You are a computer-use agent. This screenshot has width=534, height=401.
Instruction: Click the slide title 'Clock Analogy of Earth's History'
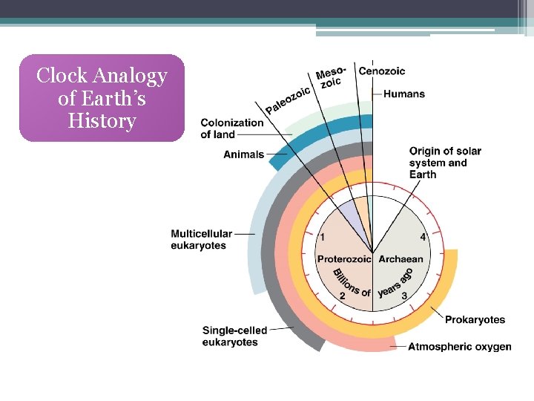click(102, 98)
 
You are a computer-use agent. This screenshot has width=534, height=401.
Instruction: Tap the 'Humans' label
click(404, 94)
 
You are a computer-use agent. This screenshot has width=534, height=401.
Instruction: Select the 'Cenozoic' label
click(382, 71)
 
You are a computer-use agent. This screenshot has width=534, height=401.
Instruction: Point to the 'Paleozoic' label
click(288, 100)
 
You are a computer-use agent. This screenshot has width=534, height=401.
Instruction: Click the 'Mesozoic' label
click(329, 77)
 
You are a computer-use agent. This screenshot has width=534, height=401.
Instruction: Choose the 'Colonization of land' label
click(231, 128)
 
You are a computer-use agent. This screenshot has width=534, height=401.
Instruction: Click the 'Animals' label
click(244, 154)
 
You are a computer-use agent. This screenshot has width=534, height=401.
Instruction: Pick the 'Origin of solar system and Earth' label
click(445, 163)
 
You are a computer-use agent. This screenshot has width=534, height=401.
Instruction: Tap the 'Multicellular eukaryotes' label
click(201, 239)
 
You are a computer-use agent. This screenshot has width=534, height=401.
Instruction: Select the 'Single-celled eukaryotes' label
click(234, 336)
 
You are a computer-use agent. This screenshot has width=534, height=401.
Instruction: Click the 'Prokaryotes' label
click(475, 320)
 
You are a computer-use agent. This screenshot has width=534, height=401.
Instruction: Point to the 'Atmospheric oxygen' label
click(460, 347)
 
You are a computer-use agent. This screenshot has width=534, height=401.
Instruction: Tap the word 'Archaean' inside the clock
click(400, 259)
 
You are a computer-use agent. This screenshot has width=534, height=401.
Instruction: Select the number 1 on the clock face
click(321, 238)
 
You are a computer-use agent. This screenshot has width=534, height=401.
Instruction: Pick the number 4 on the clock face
click(423, 238)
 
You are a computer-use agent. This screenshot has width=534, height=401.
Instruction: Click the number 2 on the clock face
click(342, 296)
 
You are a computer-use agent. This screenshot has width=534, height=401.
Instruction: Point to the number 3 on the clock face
click(404, 296)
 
